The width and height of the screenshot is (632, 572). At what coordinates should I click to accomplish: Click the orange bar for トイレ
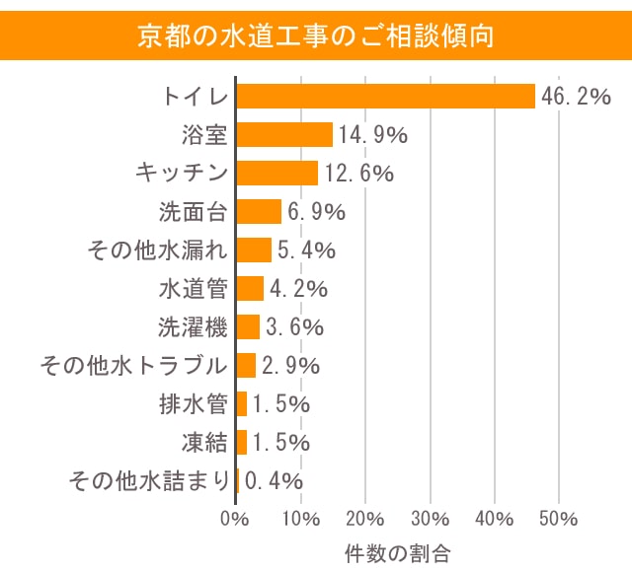(385, 96)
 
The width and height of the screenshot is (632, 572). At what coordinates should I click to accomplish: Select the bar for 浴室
(284, 134)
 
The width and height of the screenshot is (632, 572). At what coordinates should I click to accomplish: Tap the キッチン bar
(276, 173)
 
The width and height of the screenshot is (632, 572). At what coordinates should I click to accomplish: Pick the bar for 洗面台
(259, 211)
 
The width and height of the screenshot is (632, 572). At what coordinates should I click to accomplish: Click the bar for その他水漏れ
(254, 250)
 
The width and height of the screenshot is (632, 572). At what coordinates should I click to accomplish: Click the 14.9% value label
(373, 135)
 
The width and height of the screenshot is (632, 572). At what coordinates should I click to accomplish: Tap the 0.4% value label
(274, 481)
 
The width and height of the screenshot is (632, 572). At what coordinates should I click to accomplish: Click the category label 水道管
(194, 289)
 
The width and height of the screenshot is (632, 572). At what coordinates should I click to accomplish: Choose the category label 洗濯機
(194, 327)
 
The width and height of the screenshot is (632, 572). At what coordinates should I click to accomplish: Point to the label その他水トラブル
(133, 366)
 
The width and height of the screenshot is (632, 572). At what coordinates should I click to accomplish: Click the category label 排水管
(194, 404)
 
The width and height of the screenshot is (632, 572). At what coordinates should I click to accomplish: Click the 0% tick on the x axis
(235, 519)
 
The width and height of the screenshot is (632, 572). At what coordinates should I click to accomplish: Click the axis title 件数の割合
(398, 548)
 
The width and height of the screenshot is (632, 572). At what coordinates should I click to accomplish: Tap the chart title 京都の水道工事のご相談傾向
(316, 36)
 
